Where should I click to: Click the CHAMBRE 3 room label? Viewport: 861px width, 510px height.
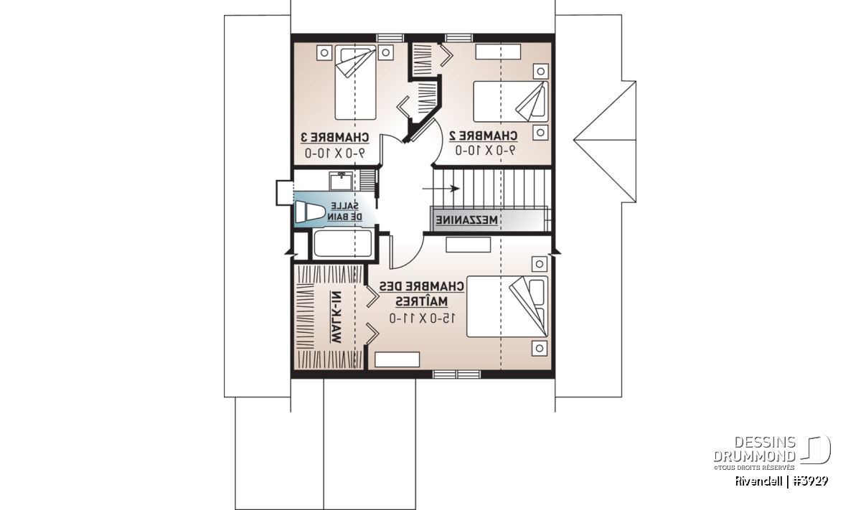pyautogui.click(x=334, y=137)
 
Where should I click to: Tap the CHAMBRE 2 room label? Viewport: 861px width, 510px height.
pyautogui.click(x=483, y=136)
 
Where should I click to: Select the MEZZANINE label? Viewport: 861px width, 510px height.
pyautogui.click(x=466, y=220)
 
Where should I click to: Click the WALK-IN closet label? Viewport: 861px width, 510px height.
pyautogui.click(x=335, y=317)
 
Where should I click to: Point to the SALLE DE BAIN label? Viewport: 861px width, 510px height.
pyautogui.click(x=345, y=212)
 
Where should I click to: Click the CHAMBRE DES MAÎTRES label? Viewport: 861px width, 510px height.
pyautogui.click(x=422, y=294)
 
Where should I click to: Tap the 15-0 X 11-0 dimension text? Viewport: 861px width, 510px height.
pyautogui.click(x=423, y=318)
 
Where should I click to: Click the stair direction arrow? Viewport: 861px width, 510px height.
pyautogui.click(x=441, y=189)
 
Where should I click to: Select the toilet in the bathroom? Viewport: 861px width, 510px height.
pyautogui.click(x=310, y=212)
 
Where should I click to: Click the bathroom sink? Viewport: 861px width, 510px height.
pyautogui.click(x=341, y=181)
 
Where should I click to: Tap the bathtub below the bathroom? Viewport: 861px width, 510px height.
pyautogui.click(x=343, y=242)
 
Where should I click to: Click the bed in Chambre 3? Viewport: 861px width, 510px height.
pyautogui.click(x=355, y=82)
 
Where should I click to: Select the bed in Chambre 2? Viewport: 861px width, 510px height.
pyautogui.click(x=510, y=101)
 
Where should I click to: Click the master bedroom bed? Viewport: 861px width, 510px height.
pyautogui.click(x=507, y=307)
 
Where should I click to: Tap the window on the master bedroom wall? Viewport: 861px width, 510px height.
pyautogui.click(x=456, y=374)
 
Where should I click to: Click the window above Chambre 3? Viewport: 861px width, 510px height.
pyautogui.click(x=390, y=38)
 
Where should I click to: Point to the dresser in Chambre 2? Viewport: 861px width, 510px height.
pyautogui.click(x=498, y=52)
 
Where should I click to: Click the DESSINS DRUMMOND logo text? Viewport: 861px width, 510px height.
pyautogui.click(x=755, y=449)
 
